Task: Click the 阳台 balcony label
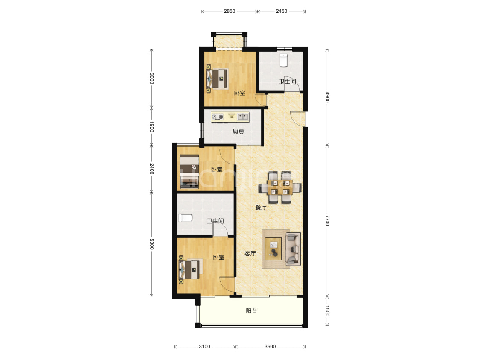tap(251, 310)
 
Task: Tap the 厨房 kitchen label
tap(238, 131)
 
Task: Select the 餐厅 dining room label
tap(261, 207)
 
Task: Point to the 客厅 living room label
tap(250, 253)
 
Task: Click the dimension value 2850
tap(229, 12)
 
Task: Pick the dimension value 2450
tap(281, 12)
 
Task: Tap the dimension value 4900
tap(327, 97)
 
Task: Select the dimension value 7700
tap(327, 220)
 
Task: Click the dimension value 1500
tap(327, 310)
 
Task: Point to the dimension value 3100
tap(204, 346)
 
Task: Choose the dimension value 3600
tap(270, 346)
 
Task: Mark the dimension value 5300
tap(151, 244)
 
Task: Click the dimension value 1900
tap(151, 126)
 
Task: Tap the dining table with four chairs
tap(280, 187)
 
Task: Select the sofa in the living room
tap(293, 249)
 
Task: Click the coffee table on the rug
tap(273, 249)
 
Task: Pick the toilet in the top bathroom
tap(284, 60)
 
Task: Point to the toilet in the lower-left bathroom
tap(185, 218)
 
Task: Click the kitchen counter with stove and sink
tap(230, 117)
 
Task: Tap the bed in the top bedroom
tap(218, 79)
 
